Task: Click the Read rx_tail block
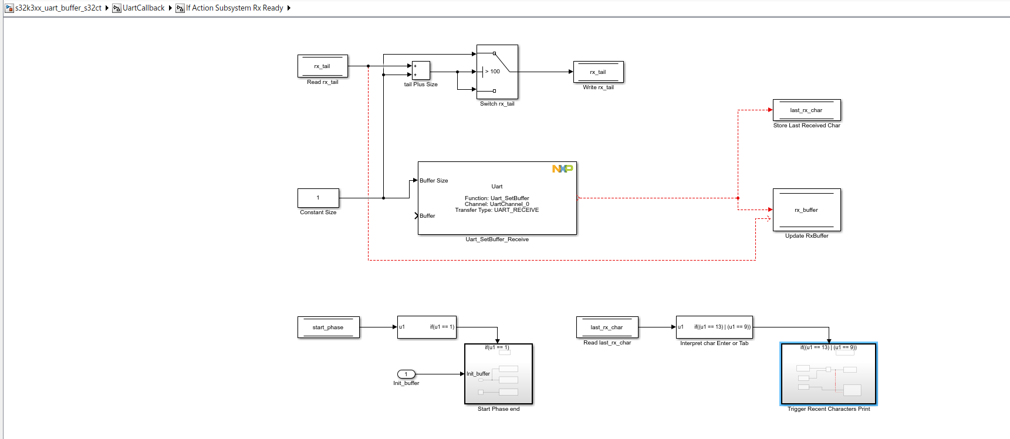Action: click(322, 66)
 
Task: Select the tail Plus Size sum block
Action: click(421, 70)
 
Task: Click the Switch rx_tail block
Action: click(497, 72)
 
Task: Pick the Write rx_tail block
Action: click(598, 72)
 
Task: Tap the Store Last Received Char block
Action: click(806, 110)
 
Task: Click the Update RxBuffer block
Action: click(806, 210)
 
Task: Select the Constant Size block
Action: click(318, 198)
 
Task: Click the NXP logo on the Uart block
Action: click(562, 169)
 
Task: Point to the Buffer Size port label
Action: click(434, 181)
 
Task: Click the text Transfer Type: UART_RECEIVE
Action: click(496, 210)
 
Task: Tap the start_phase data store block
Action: click(328, 327)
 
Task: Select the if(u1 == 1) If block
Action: click(427, 327)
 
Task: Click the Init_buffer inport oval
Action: click(406, 374)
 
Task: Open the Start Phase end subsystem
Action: click(498, 374)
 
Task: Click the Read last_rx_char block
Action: click(607, 327)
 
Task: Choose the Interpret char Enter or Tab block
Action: click(714, 327)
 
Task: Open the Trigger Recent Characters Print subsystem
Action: click(828, 374)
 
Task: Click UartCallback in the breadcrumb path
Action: click(143, 8)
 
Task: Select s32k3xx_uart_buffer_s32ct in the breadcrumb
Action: click(58, 8)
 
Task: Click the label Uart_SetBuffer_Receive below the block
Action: click(497, 239)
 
